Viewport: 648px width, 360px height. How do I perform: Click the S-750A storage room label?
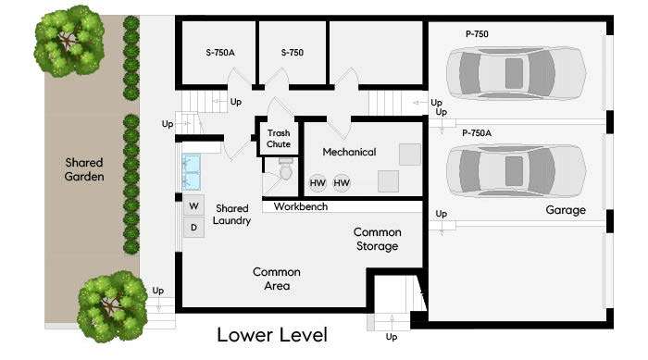tap(220, 53)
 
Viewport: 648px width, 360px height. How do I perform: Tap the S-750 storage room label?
tap(293, 53)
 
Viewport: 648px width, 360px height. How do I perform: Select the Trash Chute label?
tap(279, 139)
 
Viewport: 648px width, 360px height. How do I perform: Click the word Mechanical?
tap(349, 152)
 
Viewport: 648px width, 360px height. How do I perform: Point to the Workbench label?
tap(301, 206)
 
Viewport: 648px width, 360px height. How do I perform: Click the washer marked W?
tap(193, 205)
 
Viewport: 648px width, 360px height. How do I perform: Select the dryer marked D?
tap(193, 228)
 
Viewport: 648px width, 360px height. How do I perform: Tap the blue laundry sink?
tap(192, 172)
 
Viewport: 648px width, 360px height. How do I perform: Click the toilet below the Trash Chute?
tap(285, 170)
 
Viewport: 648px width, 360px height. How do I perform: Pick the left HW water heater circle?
tap(318, 182)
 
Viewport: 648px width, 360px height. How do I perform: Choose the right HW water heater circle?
tap(342, 182)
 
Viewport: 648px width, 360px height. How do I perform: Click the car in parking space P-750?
tap(517, 73)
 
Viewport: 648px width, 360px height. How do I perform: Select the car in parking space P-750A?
tap(517, 170)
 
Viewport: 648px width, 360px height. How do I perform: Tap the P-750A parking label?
tap(477, 133)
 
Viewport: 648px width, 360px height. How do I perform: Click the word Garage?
tap(566, 210)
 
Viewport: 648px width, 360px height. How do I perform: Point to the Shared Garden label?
tap(84, 169)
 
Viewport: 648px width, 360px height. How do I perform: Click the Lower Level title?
tap(272, 335)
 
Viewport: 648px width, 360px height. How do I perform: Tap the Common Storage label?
tap(377, 239)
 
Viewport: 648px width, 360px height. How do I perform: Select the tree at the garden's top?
tap(69, 41)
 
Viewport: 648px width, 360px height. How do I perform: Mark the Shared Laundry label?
tap(231, 215)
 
